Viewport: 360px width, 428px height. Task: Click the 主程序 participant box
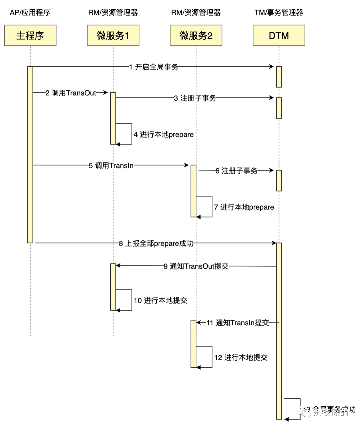[30, 35]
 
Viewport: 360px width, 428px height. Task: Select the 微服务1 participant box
[113, 35]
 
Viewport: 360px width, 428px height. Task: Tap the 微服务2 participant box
[196, 35]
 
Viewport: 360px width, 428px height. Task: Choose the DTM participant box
[279, 35]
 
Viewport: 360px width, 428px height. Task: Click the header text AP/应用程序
[30, 13]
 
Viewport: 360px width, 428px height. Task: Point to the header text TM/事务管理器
[279, 13]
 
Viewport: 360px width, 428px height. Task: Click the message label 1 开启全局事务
[154, 67]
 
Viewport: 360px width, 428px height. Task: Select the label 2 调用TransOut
[71, 93]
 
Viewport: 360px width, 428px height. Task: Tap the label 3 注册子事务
[195, 98]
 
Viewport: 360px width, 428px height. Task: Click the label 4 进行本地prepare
[164, 135]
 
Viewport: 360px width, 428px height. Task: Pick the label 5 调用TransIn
[111, 165]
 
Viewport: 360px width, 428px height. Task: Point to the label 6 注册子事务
[236, 171]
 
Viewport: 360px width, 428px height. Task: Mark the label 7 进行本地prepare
[244, 207]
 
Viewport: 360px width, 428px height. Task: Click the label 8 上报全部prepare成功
[156, 244]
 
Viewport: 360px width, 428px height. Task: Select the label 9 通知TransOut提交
[196, 266]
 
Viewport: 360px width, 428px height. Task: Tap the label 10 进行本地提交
[160, 301]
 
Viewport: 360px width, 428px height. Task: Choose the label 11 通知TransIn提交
[238, 323]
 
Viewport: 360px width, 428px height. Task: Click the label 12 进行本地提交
[241, 358]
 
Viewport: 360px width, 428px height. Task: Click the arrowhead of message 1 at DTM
[271, 67]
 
